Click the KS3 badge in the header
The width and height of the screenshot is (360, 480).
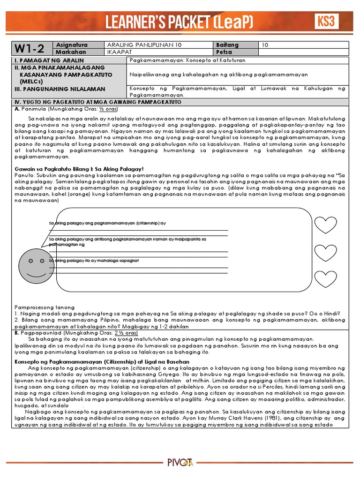tap(327, 21)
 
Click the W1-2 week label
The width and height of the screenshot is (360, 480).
tap(30, 48)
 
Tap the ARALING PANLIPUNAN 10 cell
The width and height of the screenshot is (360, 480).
tap(141, 45)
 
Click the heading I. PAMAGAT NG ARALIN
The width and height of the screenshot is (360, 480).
tap(49, 60)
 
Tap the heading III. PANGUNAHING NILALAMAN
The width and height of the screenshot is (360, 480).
tap(60, 89)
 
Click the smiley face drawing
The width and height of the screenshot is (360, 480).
tap(32, 264)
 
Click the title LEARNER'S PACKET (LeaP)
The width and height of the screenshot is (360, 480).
tap(180, 22)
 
